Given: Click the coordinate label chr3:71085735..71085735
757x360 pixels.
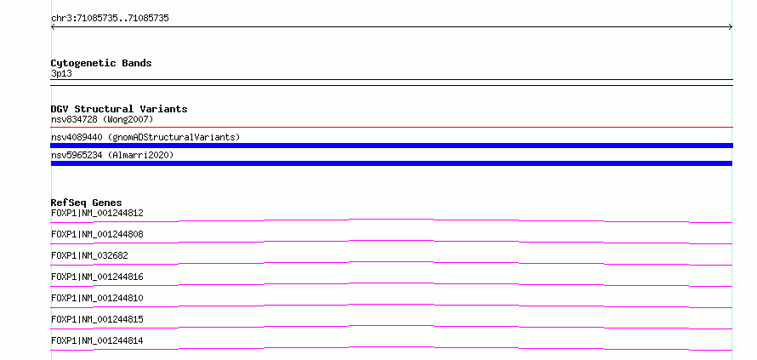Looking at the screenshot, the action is [110, 19].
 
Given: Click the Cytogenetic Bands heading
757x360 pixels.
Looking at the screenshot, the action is [101, 63].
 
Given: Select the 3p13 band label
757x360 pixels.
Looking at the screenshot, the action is [61, 74].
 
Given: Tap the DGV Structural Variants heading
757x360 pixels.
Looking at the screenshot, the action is [119, 109].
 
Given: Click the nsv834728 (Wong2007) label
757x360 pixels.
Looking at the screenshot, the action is [102, 119].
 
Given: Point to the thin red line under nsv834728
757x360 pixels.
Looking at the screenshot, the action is [391, 127].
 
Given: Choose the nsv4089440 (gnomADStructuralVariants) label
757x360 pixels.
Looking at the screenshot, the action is [145, 137].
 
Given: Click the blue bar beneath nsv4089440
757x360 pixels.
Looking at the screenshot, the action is [391, 146].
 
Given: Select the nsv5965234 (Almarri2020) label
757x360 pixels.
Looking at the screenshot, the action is [112, 155].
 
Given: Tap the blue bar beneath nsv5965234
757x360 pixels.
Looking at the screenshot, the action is [391, 163].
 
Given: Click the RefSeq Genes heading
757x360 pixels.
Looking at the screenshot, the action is [87, 203].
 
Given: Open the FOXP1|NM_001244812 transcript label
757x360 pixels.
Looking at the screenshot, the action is [97, 213].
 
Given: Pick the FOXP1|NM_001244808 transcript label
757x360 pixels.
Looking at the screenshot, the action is [97, 234].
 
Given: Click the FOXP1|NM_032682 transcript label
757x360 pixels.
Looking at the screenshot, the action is [89, 255].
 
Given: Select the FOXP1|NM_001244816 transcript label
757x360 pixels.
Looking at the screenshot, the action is [97, 277].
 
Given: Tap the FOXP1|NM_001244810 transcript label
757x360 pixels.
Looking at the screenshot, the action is [97, 298].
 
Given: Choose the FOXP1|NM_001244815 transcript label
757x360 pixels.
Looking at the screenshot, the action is [97, 319].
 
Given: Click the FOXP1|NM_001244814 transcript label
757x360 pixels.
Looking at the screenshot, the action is [97, 340].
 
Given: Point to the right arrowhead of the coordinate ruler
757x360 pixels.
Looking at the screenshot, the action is [731, 27].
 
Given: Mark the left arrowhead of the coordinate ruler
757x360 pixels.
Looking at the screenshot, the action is [52, 27].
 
